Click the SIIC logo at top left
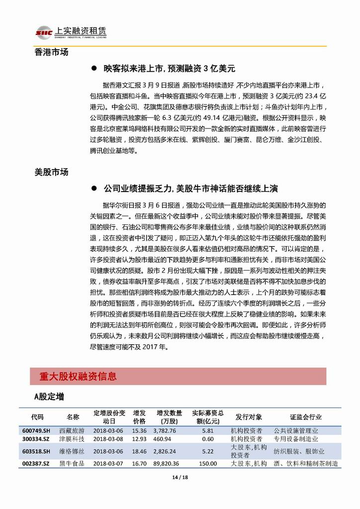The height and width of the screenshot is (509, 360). pyautogui.click(x=44, y=33)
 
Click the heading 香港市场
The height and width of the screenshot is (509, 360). pyautogui.click(x=52, y=52)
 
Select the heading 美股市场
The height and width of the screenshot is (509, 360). pyautogui.click(x=52, y=172)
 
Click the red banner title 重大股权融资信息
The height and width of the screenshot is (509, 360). pyautogui.click(x=78, y=377)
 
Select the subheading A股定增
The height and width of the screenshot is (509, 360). pyautogui.click(x=49, y=397)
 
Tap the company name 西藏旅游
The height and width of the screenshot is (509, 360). pyautogui.click(x=72, y=431)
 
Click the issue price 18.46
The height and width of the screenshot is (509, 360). pyautogui.click(x=139, y=451)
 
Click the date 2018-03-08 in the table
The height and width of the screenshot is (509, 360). pyautogui.click(x=108, y=439)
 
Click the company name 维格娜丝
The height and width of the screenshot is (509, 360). pyautogui.click(x=72, y=451)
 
